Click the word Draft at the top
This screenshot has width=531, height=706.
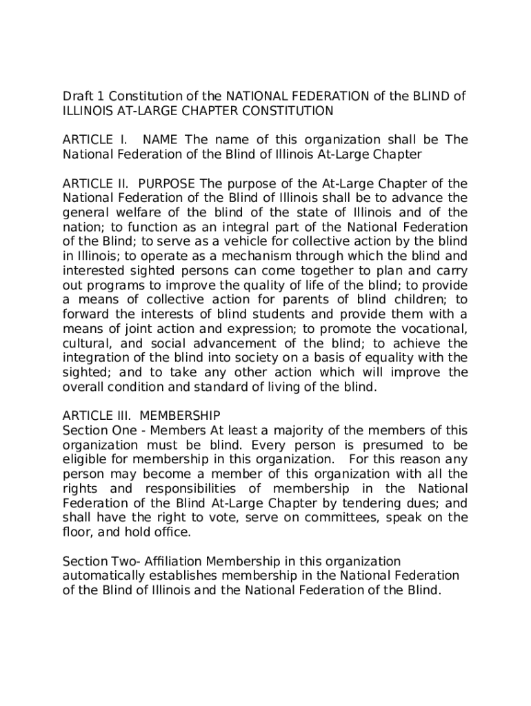tap(77, 96)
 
